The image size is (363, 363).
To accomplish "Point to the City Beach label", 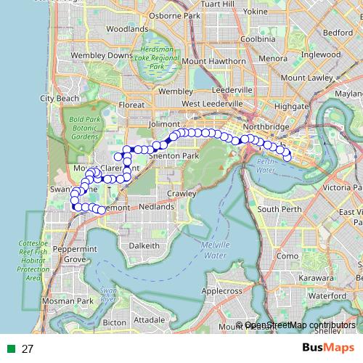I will click(x=60, y=98).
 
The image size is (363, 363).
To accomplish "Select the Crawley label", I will click(x=181, y=194).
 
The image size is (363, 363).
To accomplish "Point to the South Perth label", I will click(x=280, y=209).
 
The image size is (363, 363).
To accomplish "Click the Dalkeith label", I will click(x=144, y=246).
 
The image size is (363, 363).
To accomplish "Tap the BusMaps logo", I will click(x=327, y=348).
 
